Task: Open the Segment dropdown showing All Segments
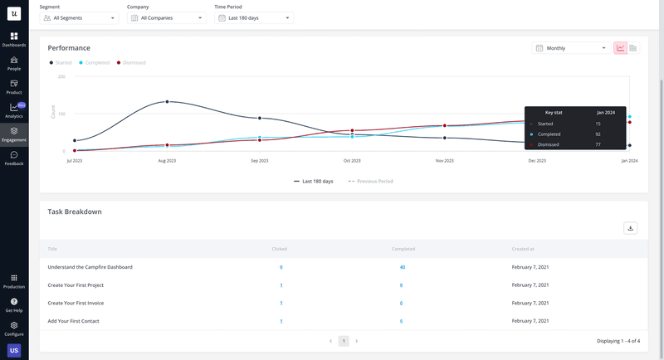pyautogui.click(x=79, y=17)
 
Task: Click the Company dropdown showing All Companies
pyautogui.click(x=166, y=17)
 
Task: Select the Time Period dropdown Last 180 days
pyautogui.click(x=254, y=17)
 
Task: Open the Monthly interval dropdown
pyautogui.click(x=570, y=48)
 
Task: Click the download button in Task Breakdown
pyautogui.click(x=631, y=228)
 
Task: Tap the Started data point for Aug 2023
pyautogui.click(x=167, y=102)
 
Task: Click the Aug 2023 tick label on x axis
pyautogui.click(x=167, y=160)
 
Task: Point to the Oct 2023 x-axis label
pyautogui.click(x=352, y=160)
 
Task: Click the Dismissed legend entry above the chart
pyautogui.click(x=132, y=62)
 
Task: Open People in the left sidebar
pyautogui.click(x=14, y=63)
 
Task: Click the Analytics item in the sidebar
pyautogui.click(x=14, y=110)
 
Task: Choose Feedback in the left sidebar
pyautogui.click(x=14, y=158)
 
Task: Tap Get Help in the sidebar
pyautogui.click(x=14, y=304)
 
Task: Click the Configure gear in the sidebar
pyautogui.click(x=14, y=328)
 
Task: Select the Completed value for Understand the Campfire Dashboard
pyautogui.click(x=402, y=267)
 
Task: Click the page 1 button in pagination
pyautogui.click(x=344, y=341)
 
